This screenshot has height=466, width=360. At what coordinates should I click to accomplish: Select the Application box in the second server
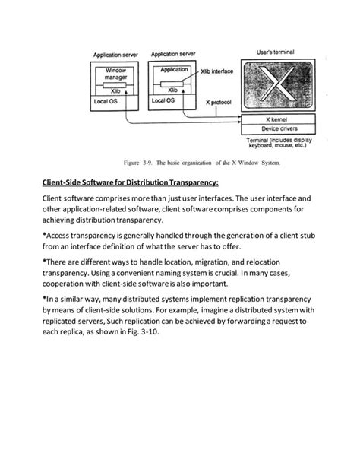pyautogui.click(x=175, y=69)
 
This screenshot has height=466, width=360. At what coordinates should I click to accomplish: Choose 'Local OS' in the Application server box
pyautogui.click(x=163, y=100)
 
